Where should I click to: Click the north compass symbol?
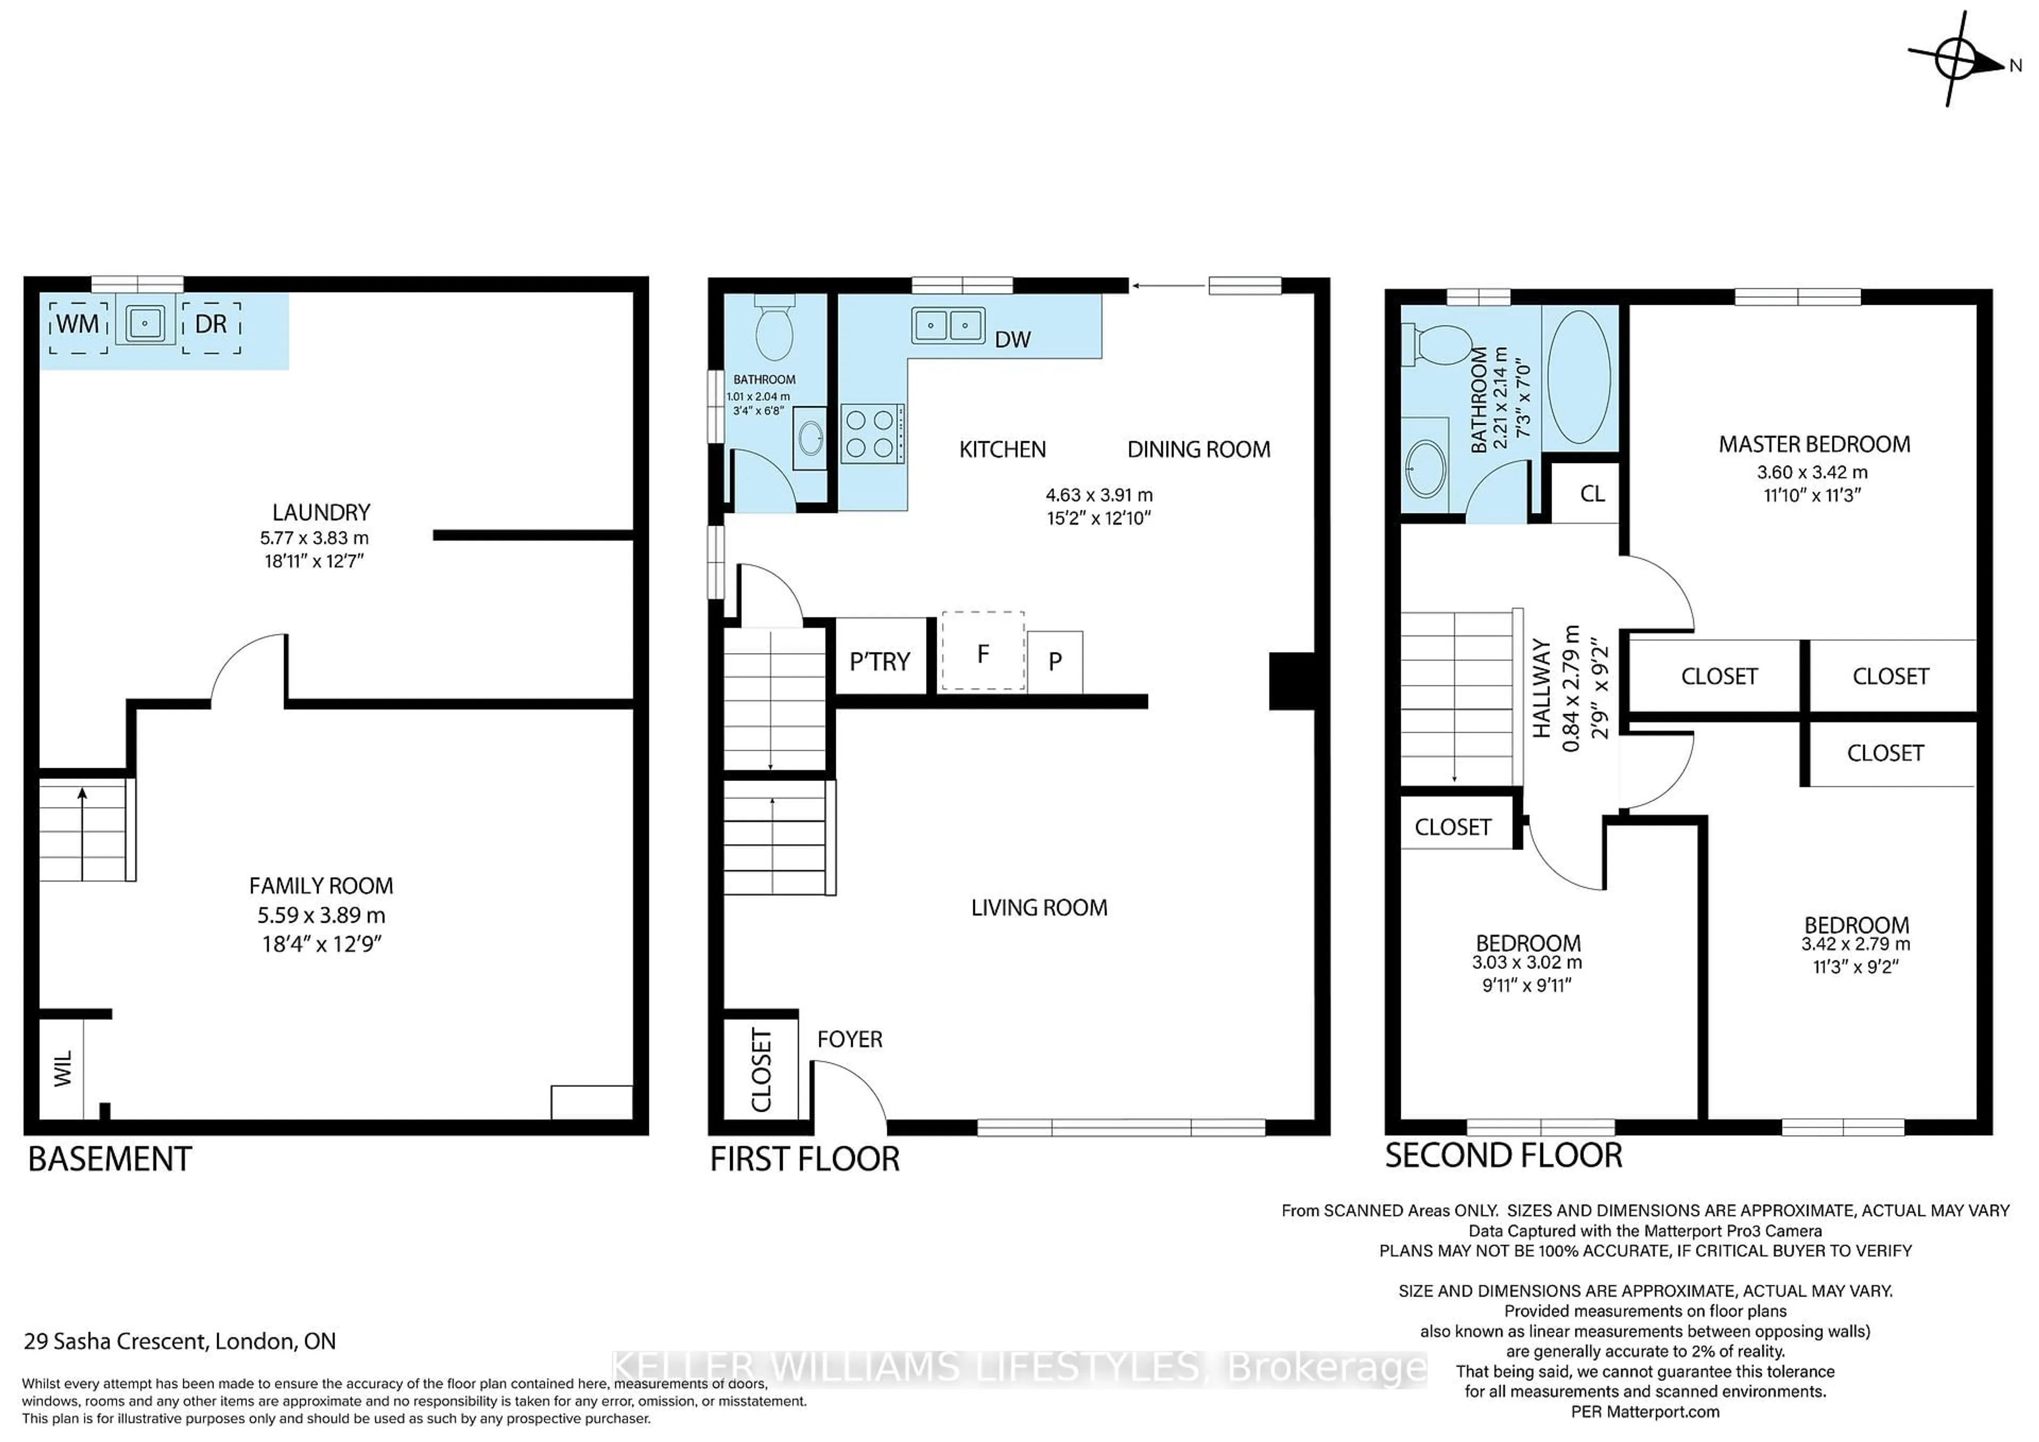point(1961,61)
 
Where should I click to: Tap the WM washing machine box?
point(78,325)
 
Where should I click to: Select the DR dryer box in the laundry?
point(211,325)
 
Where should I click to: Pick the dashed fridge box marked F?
point(983,652)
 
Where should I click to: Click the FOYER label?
point(850,1040)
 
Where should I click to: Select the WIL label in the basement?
point(62,1069)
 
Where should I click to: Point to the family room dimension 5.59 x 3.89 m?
point(321,915)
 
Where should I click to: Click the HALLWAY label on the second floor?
point(1541,688)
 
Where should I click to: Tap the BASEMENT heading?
point(110,1160)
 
